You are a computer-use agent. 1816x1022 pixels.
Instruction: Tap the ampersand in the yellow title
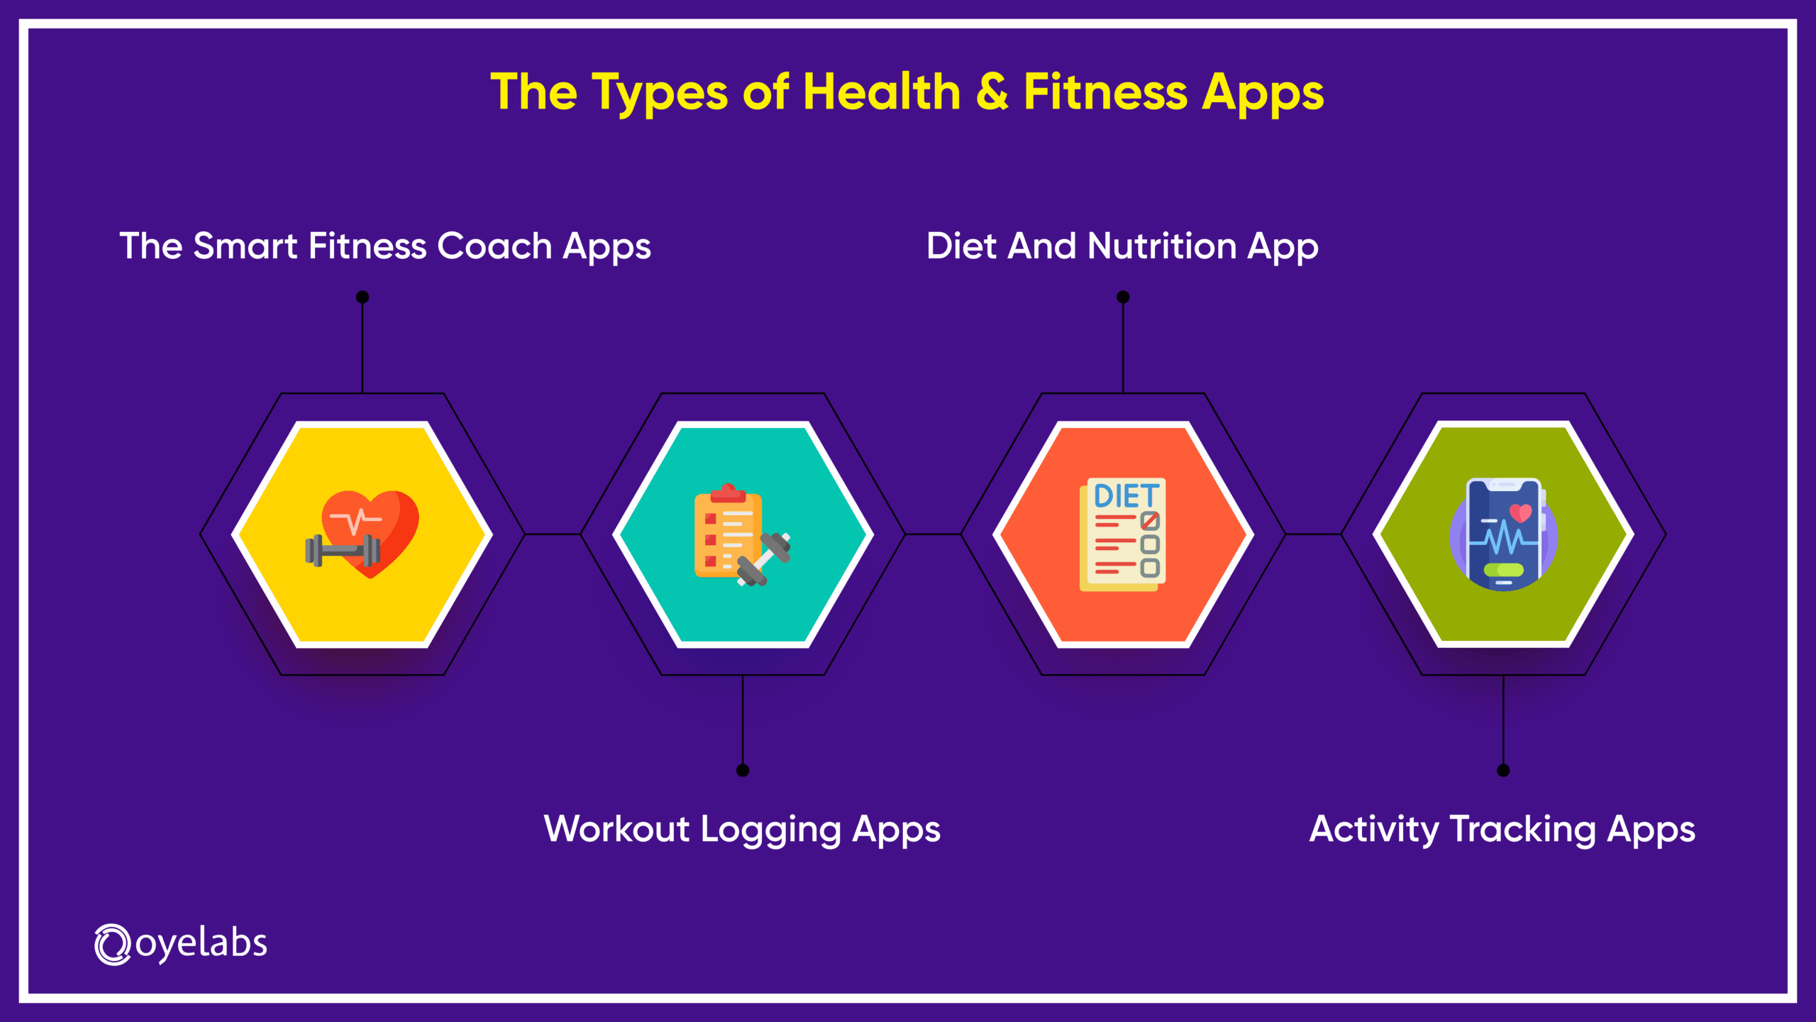tap(992, 92)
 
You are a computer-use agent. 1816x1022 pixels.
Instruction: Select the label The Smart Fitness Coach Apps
tap(384, 247)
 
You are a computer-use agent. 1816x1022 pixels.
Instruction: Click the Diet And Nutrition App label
tap(1122, 247)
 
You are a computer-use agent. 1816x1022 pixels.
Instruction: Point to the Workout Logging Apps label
tap(742, 829)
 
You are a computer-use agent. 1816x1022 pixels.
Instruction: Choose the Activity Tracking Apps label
tap(1502, 829)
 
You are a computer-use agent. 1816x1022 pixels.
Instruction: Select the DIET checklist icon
tap(1123, 534)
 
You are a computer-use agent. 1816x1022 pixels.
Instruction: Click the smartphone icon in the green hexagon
tap(1504, 534)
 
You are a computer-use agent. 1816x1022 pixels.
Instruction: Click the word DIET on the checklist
tap(1126, 496)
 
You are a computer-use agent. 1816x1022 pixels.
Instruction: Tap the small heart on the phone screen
tap(1521, 512)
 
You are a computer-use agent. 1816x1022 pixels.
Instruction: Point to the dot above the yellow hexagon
tap(362, 297)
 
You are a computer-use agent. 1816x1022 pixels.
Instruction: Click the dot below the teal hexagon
tap(743, 770)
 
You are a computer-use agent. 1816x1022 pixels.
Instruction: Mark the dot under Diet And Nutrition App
tap(1123, 297)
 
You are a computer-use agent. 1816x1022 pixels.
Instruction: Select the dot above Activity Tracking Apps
tap(1503, 770)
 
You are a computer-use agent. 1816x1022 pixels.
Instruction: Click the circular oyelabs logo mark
tap(113, 945)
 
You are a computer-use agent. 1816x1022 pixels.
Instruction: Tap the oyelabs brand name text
tap(201, 944)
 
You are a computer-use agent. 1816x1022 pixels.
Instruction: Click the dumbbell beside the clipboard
tap(765, 559)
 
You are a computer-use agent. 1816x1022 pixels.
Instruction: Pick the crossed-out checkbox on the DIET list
tap(1150, 522)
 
